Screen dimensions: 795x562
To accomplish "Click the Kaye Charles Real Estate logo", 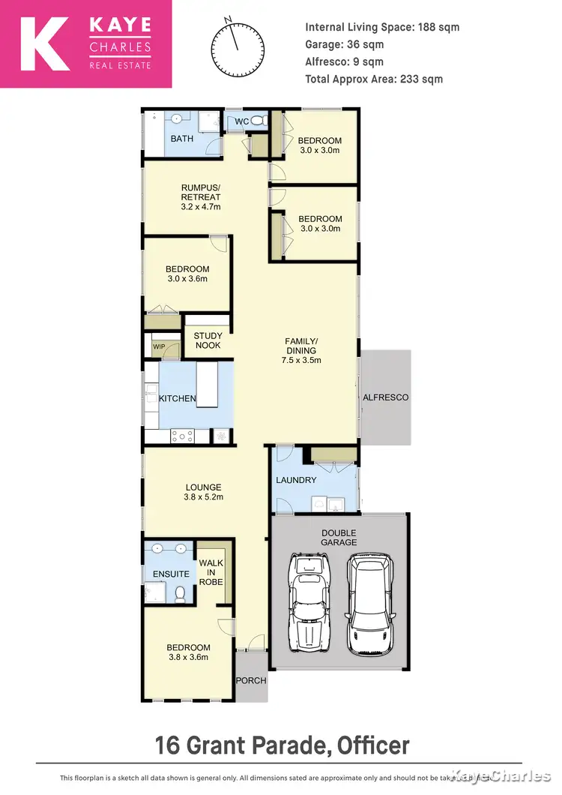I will tap(85, 44).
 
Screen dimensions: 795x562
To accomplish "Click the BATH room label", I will tap(182, 139).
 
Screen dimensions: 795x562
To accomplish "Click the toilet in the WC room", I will tap(257, 121).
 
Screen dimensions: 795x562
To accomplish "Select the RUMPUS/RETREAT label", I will tap(201, 196).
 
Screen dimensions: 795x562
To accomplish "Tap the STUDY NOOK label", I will tap(208, 340).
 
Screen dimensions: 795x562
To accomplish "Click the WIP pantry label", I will tap(158, 346).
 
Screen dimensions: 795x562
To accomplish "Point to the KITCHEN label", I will tap(177, 398).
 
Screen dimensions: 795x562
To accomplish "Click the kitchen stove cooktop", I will tap(183, 434).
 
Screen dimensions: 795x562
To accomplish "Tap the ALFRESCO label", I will tap(386, 397).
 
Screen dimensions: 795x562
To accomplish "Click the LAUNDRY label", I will tap(296, 480).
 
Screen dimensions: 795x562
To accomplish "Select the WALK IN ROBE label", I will tap(211, 572).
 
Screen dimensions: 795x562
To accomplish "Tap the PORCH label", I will tap(250, 681).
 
